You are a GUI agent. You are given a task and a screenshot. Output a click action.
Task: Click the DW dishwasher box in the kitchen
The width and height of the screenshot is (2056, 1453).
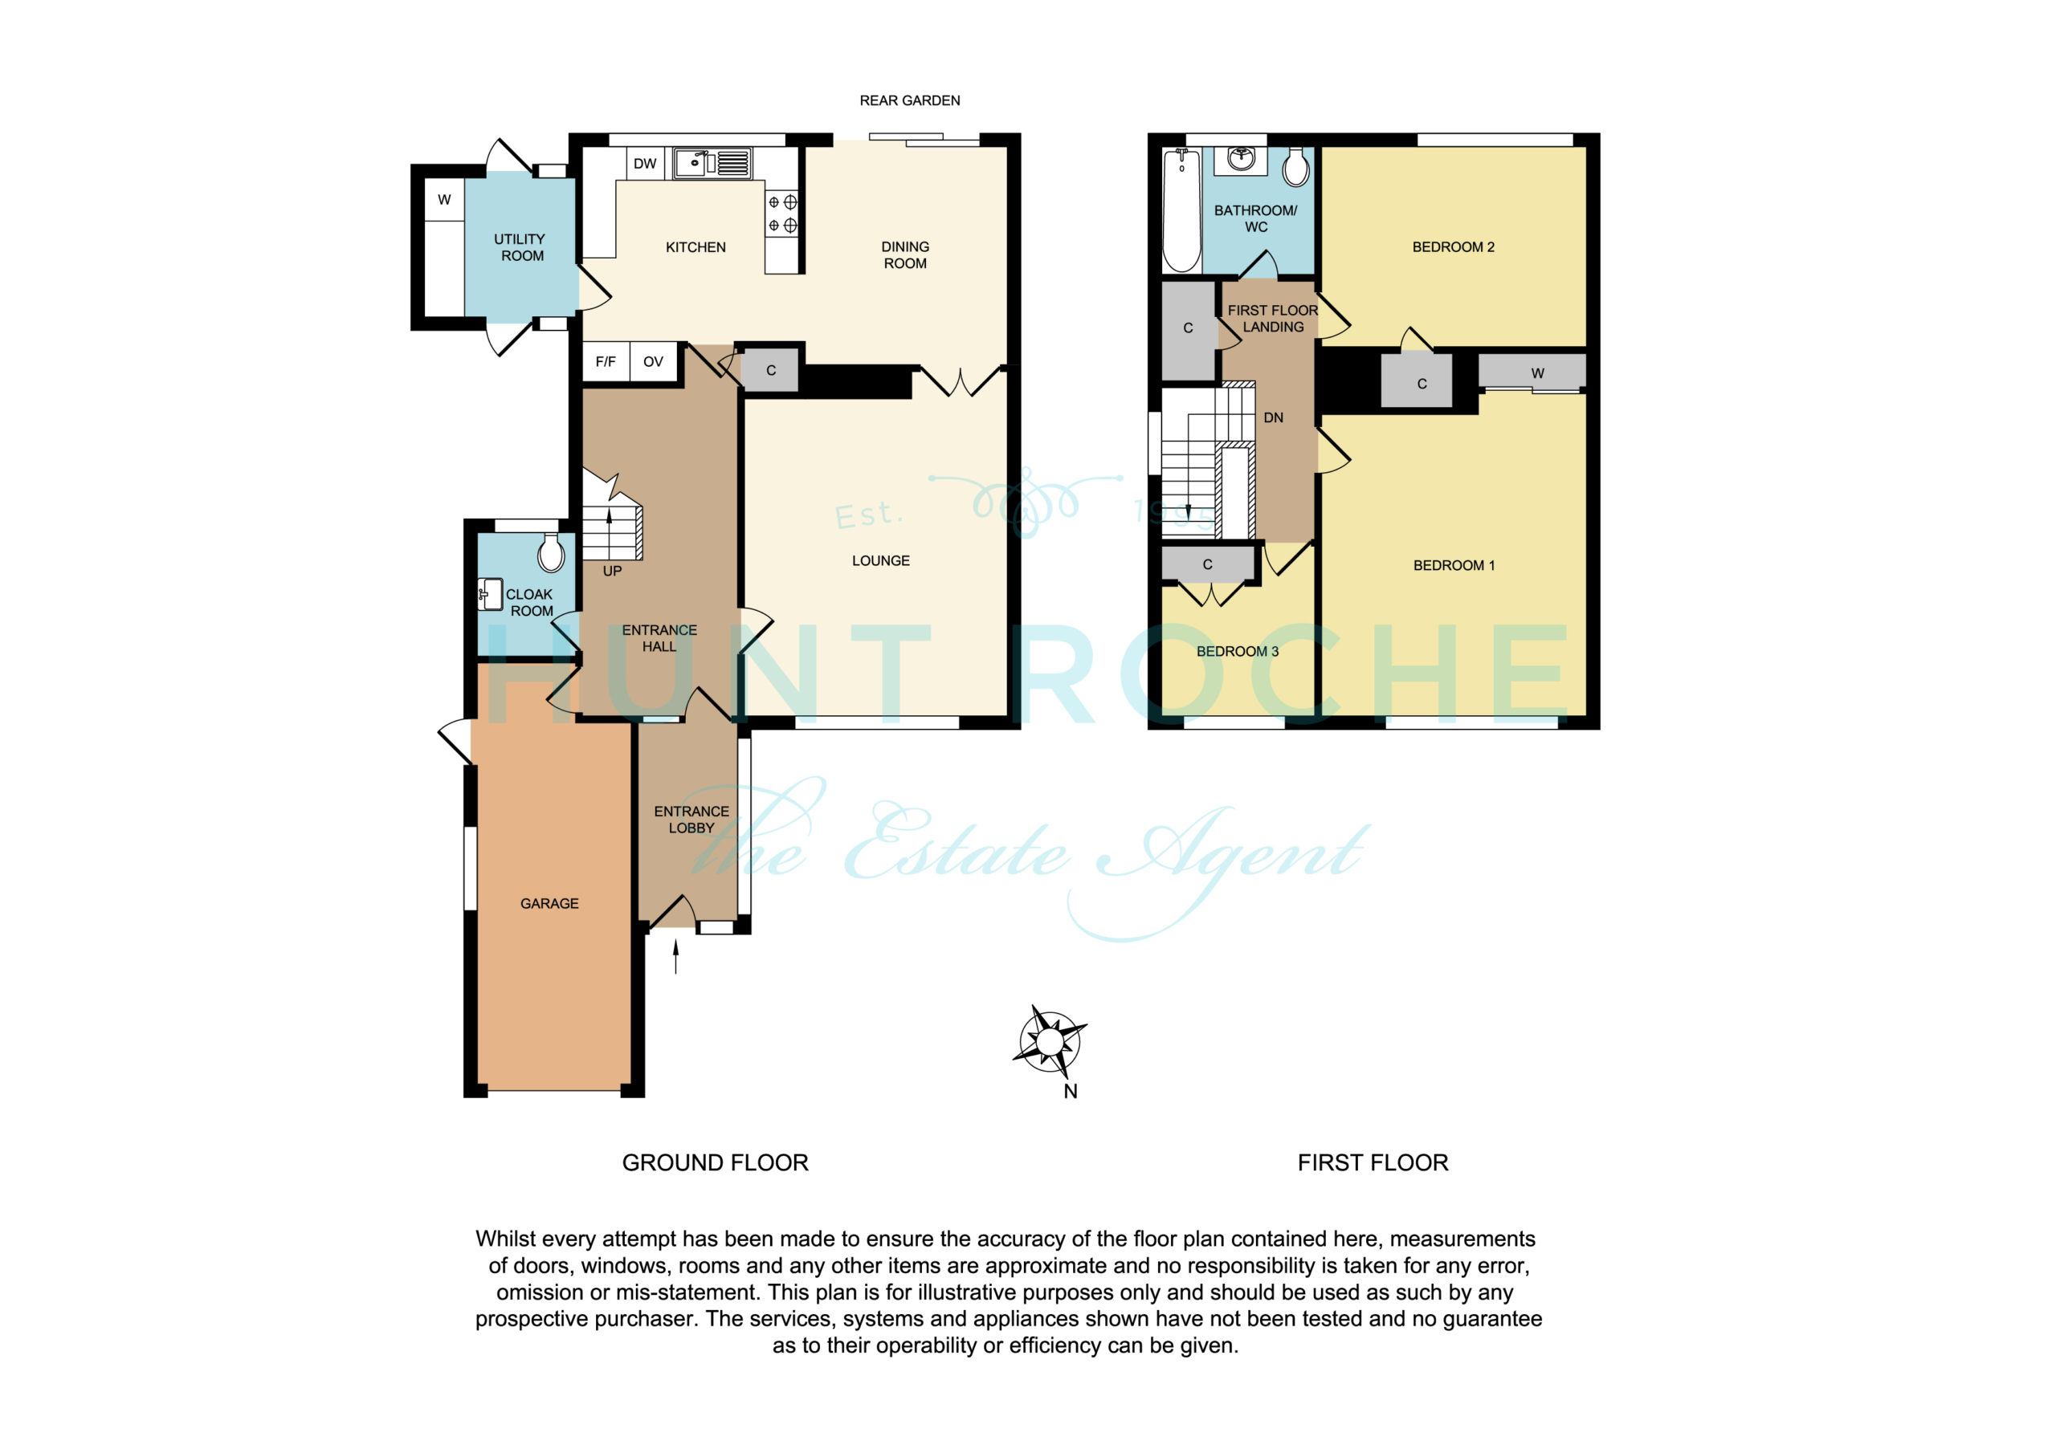(645, 163)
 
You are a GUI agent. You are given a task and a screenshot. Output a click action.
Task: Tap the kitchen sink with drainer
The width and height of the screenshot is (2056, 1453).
(713, 164)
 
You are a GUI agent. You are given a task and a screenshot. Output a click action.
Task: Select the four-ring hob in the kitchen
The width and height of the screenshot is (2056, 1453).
(781, 214)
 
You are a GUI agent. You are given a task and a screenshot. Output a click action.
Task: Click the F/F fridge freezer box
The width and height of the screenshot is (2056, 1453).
(606, 362)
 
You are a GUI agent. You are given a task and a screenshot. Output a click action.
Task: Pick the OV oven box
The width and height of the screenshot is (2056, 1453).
(654, 362)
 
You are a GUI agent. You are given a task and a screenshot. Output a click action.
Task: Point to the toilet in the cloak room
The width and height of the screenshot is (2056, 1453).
(551, 552)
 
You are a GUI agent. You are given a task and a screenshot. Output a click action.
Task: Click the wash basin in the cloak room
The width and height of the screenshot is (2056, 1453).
(490, 595)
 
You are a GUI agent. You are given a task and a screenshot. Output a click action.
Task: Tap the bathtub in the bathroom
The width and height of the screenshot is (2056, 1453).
(1182, 210)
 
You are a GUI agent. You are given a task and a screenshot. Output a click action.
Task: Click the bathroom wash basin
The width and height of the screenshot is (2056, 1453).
(1241, 161)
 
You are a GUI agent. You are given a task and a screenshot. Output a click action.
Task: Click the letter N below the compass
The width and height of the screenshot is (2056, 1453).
(1070, 1091)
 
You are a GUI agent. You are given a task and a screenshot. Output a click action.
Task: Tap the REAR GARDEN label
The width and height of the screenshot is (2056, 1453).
(910, 100)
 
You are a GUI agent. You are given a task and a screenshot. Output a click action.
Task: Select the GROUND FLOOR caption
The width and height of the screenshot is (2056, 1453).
(716, 1162)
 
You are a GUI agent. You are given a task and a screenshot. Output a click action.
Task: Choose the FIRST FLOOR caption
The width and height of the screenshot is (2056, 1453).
(1373, 1162)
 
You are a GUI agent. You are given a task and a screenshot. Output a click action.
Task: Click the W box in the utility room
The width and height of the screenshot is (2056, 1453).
(444, 200)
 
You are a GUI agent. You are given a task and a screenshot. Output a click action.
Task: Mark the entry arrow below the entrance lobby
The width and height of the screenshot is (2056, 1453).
(676, 955)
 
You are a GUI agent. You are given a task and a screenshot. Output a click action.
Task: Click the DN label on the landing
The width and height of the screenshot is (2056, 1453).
(1274, 418)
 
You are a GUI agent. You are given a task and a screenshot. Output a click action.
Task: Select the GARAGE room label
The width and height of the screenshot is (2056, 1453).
(550, 903)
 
